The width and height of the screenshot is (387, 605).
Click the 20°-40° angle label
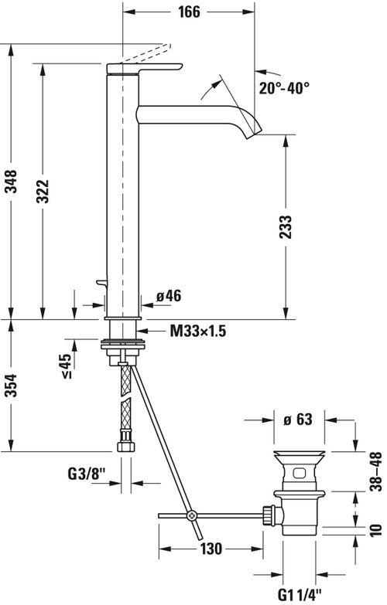point(284,89)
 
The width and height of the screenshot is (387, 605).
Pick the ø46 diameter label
point(168,295)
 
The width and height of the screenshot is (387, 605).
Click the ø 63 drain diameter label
point(297,420)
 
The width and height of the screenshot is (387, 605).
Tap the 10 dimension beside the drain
point(375,532)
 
